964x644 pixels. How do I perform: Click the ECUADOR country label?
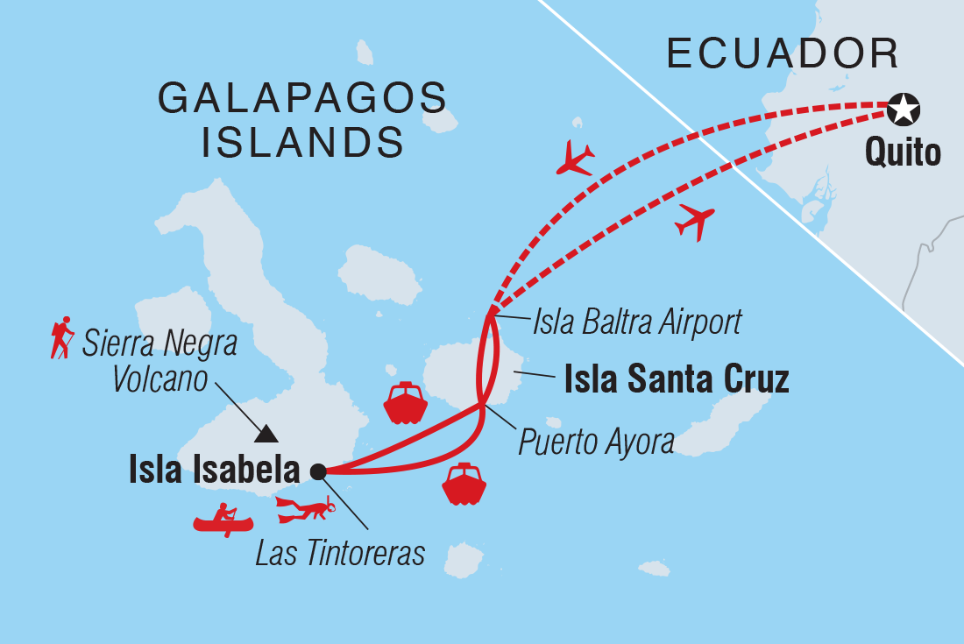tap(782, 54)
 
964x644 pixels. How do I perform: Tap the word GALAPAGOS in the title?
tap(302, 99)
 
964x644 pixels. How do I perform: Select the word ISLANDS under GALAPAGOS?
tap(302, 143)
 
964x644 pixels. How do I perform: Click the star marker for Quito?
tap(903, 110)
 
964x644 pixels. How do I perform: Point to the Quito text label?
tap(903, 153)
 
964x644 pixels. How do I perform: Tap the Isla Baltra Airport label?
tap(637, 322)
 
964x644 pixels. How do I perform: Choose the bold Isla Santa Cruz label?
tap(677, 380)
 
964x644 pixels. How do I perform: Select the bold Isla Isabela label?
tap(215, 471)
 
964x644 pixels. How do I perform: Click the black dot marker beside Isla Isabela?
tap(318, 471)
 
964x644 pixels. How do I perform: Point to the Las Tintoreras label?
tap(340, 553)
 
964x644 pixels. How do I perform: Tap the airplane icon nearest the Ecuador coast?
tap(695, 223)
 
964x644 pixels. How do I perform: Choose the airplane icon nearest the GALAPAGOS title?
tap(575, 159)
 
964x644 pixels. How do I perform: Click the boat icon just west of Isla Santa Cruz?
tap(405, 403)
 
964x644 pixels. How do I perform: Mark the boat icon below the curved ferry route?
tap(464, 484)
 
